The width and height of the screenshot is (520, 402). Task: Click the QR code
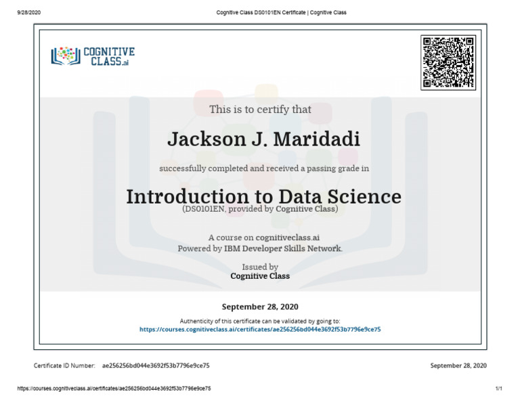click(x=448, y=62)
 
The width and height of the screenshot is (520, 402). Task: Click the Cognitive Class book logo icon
click(x=66, y=55)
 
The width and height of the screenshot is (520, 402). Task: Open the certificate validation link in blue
click(x=260, y=329)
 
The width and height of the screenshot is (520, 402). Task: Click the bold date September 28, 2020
click(x=260, y=306)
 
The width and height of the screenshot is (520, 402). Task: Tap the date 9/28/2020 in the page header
click(x=30, y=12)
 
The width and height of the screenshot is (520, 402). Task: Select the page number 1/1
click(x=499, y=389)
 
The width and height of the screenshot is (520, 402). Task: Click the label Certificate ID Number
click(x=64, y=365)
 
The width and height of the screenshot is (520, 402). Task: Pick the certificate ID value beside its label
click(x=156, y=365)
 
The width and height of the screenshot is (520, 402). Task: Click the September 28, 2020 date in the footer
click(x=458, y=365)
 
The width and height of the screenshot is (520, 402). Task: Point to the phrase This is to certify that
click(x=260, y=110)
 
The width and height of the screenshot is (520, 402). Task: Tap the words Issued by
click(x=260, y=267)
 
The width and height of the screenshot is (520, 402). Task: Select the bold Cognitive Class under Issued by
click(x=260, y=276)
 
